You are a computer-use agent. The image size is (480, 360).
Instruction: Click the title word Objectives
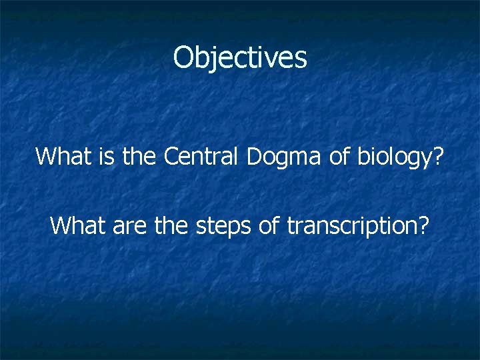[x=240, y=58]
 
